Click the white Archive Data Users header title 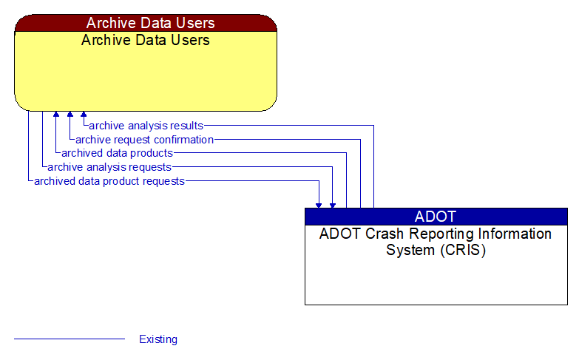[x=146, y=23]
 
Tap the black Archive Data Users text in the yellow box [x=146, y=40]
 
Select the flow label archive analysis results [x=146, y=126]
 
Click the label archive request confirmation [x=144, y=140]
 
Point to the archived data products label [x=117, y=153]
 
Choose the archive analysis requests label [x=109, y=167]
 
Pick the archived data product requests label [x=109, y=181]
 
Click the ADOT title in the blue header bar [x=436, y=217]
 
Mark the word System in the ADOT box [x=407, y=250]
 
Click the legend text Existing [x=158, y=339]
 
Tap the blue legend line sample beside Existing [x=70, y=339]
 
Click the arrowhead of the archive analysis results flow [x=84, y=115]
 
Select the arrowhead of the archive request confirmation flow [x=70, y=115]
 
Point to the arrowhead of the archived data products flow [x=55, y=115]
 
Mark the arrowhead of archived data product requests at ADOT [x=319, y=204]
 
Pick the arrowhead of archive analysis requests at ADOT [x=333, y=204]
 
